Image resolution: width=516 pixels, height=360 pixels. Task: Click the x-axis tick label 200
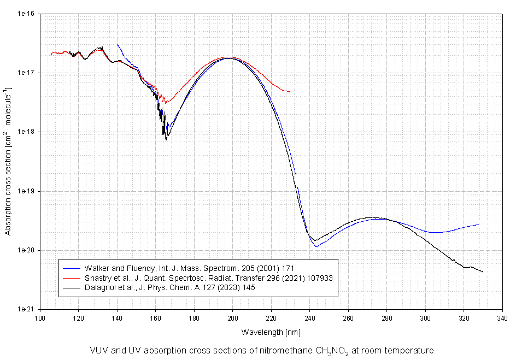click(232, 317)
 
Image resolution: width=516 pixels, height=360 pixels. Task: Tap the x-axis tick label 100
click(40, 317)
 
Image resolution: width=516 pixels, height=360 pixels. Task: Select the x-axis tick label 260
click(348, 317)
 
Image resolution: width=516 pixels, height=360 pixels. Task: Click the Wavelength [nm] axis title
click(271, 332)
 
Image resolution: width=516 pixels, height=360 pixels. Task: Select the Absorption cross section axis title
click(8, 161)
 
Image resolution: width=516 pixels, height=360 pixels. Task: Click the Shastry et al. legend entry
click(208, 278)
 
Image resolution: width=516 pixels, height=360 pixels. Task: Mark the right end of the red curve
click(290, 91)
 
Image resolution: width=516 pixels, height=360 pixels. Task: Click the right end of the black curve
click(483, 272)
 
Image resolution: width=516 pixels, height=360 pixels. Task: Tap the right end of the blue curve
click(478, 225)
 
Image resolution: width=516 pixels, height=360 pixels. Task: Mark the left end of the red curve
click(51, 55)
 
